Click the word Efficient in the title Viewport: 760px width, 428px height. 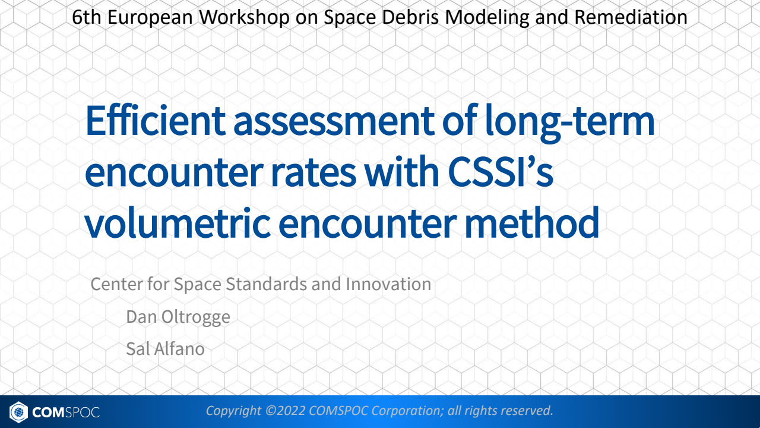(x=155, y=120)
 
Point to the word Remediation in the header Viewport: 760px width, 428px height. (x=631, y=17)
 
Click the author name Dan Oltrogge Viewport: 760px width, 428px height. (x=178, y=317)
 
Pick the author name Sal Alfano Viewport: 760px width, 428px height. (x=165, y=348)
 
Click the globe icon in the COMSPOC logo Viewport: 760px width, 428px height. (x=19, y=411)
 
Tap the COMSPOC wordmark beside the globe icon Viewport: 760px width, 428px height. (x=66, y=411)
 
